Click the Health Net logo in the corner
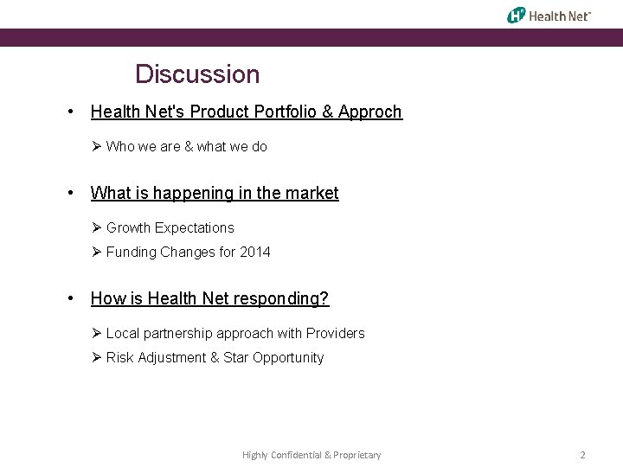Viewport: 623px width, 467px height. point(549,15)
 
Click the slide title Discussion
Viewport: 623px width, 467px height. point(197,74)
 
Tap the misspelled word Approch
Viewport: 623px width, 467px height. point(370,112)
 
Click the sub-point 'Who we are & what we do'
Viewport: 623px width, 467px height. point(186,147)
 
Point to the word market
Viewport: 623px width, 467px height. point(313,194)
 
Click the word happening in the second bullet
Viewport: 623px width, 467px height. point(189,194)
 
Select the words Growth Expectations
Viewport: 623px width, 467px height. point(170,228)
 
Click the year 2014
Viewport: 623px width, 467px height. point(255,253)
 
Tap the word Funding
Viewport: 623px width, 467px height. point(132,253)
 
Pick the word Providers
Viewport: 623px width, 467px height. point(335,334)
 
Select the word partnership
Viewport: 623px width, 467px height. point(177,334)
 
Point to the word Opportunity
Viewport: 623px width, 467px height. point(288,358)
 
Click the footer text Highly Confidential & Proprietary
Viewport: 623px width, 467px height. point(311,455)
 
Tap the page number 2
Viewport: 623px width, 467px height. point(582,455)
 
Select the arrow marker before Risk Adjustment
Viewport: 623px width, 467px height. point(97,358)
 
